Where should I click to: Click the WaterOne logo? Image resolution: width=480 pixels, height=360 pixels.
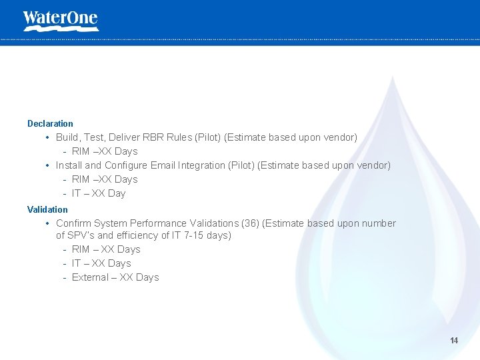point(60,20)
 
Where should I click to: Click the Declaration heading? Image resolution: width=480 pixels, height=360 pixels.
point(50,123)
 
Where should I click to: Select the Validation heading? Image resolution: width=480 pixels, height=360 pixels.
point(47,209)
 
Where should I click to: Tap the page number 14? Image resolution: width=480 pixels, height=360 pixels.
point(454,341)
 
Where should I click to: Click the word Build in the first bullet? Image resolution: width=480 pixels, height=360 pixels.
point(67,137)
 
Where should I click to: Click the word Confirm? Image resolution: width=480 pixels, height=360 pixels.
point(73,223)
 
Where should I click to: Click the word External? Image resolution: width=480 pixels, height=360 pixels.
point(90,277)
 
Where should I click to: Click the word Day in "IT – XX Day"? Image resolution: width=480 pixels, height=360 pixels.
point(117,193)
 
